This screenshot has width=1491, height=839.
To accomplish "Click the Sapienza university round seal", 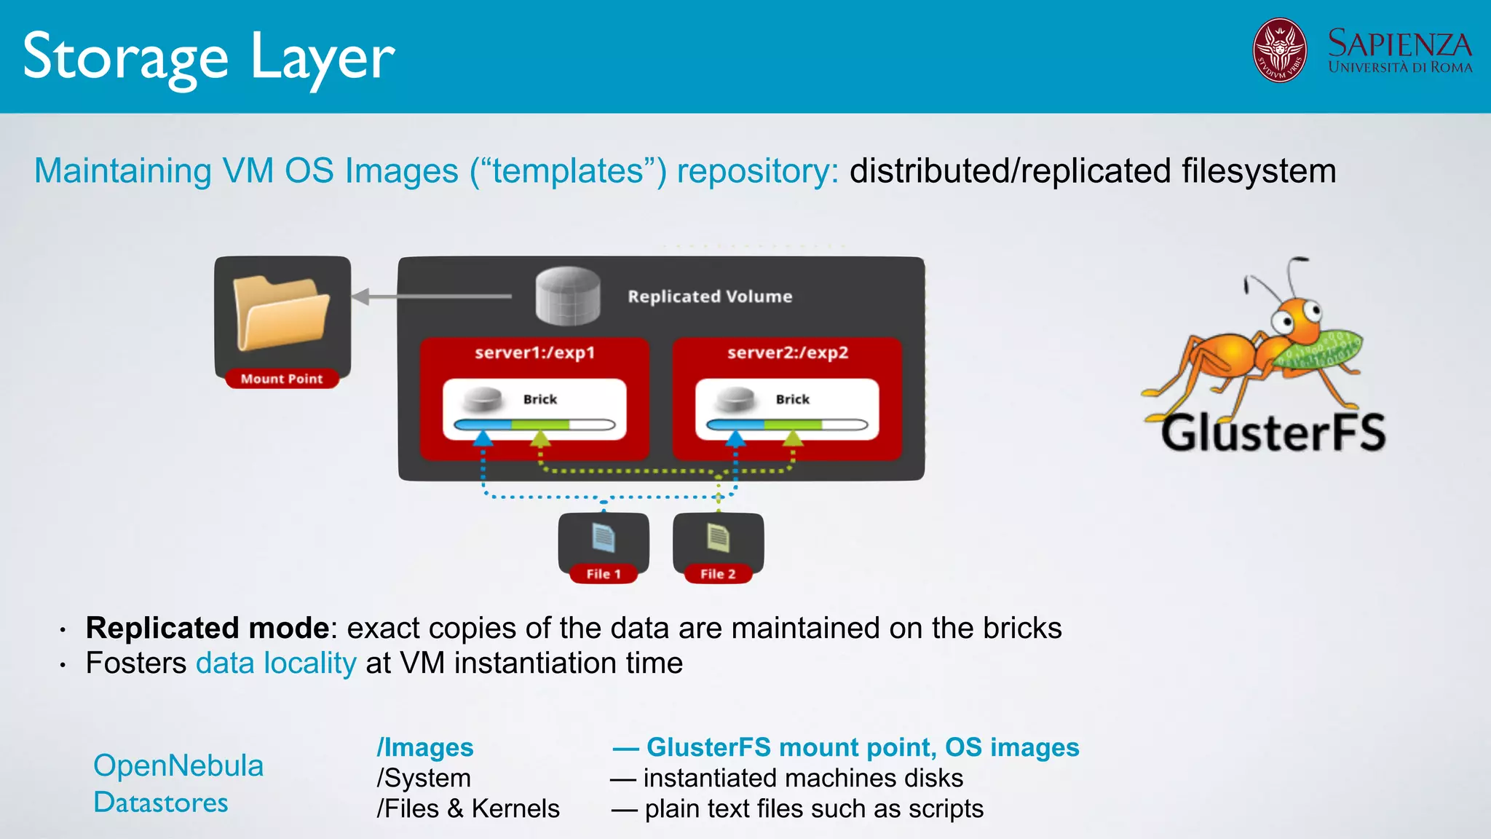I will click(x=1279, y=50).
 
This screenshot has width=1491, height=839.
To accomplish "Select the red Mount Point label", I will click(x=282, y=379).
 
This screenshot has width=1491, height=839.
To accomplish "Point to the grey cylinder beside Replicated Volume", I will click(x=568, y=296).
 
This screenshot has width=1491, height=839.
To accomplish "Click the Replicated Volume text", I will click(x=710, y=296).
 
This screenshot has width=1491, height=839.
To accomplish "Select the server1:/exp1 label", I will click(x=535, y=352).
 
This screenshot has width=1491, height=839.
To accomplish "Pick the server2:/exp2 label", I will click(x=788, y=352).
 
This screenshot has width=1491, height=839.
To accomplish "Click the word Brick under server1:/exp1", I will click(x=539, y=399).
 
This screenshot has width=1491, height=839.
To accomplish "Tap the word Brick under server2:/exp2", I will click(x=792, y=399).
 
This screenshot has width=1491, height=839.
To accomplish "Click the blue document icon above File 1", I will click(x=604, y=538).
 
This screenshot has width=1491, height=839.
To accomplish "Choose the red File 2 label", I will click(x=718, y=574).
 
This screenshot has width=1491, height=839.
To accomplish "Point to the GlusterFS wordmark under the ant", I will click(x=1273, y=433).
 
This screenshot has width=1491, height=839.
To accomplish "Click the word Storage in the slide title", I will click(x=126, y=58).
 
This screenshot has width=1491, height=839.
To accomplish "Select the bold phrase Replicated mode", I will click(x=207, y=628).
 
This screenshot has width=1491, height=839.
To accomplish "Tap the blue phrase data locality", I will click(x=276, y=663).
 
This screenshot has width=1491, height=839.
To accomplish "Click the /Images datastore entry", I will click(x=425, y=747).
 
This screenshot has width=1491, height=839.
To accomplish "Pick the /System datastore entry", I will click(x=424, y=778).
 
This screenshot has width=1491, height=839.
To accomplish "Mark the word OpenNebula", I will click(x=178, y=765).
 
